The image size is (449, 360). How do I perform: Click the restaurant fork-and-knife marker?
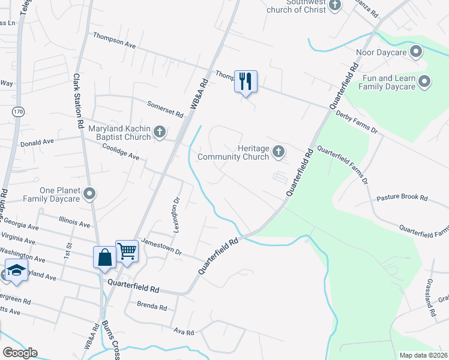coord(246,81)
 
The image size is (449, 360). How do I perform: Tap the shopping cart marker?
coord(127,251)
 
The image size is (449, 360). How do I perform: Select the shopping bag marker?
coord(104,257)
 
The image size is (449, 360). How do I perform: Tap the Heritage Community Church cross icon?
coord(279,152)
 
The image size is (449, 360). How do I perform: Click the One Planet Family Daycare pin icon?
coord(89,193)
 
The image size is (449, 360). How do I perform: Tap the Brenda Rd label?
coord(151,306)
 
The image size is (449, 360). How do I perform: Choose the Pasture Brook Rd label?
coord(402,197)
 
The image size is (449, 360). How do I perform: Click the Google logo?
coord(20,353)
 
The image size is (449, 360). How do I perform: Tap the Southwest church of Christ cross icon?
coord(335,5)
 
